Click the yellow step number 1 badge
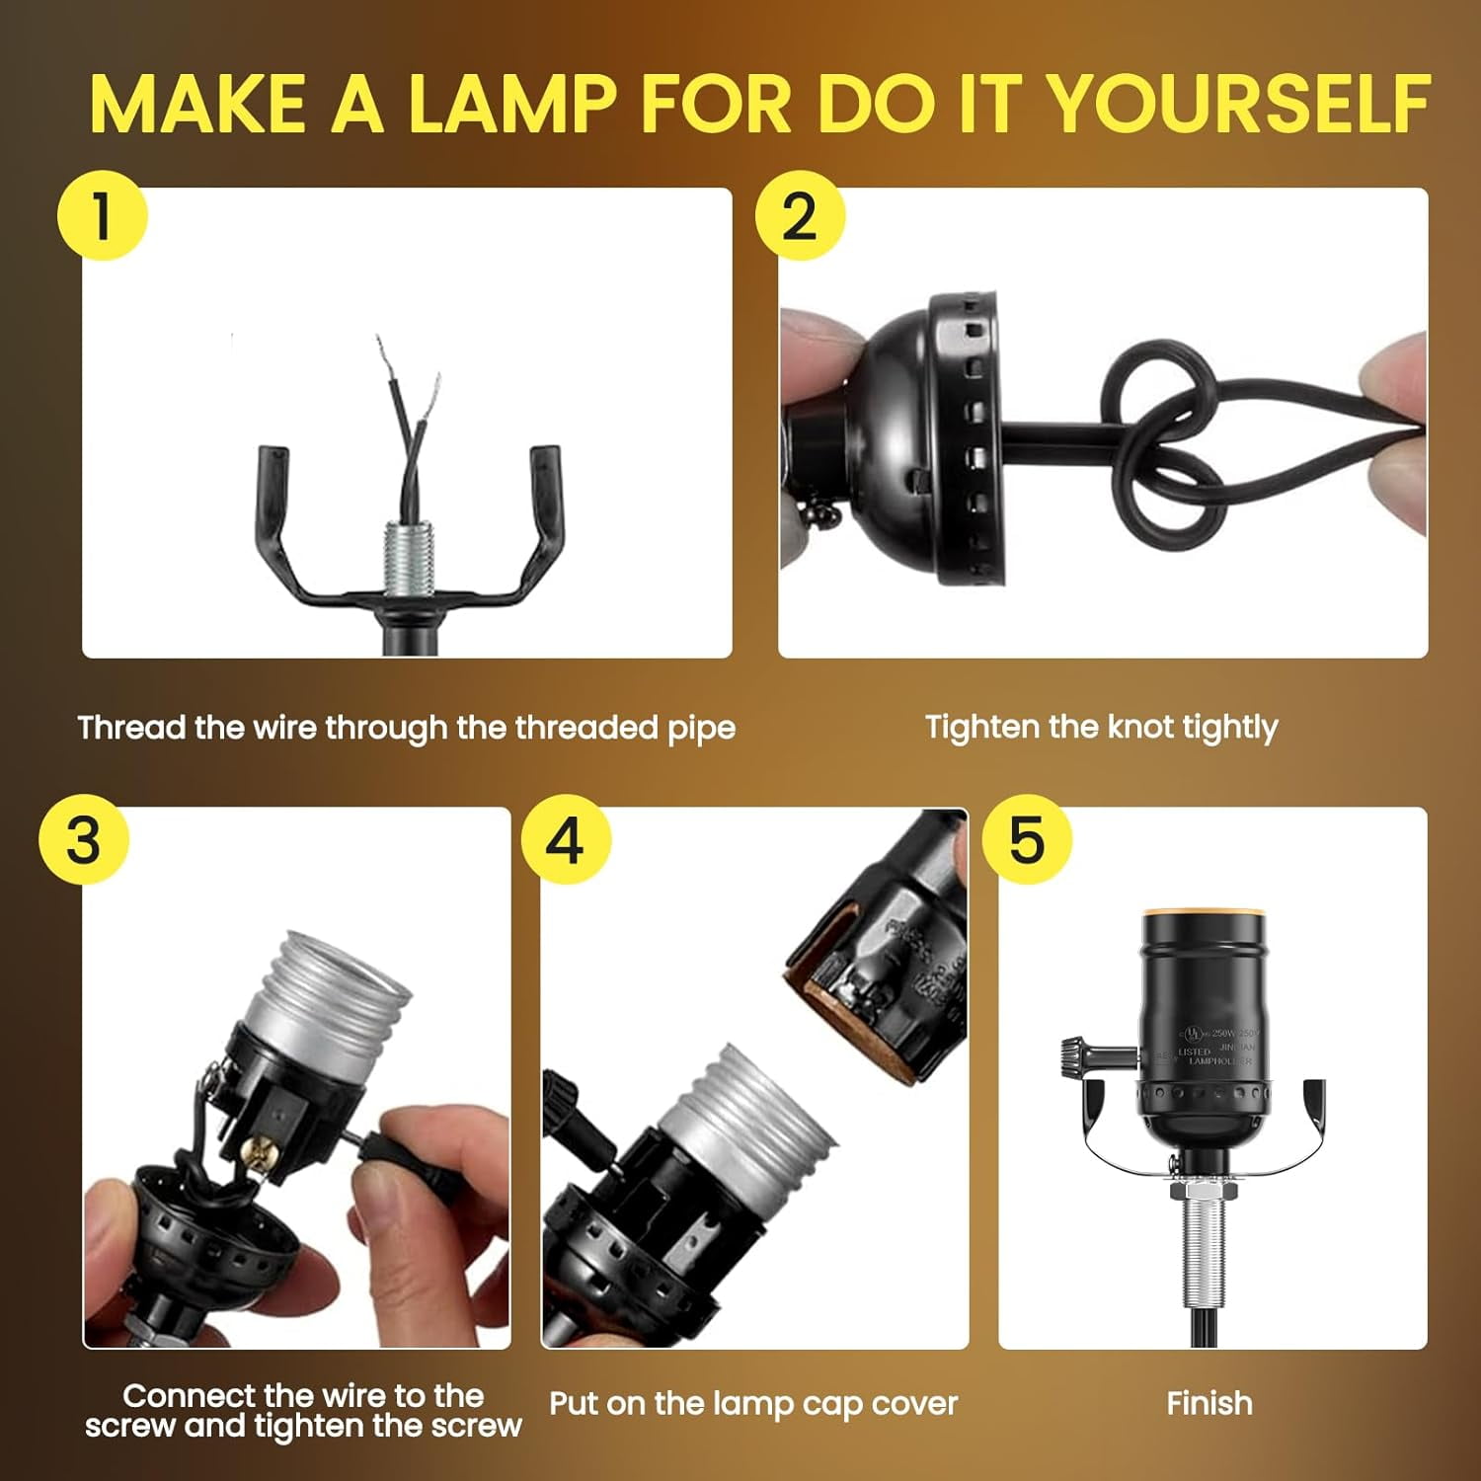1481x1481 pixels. [102, 215]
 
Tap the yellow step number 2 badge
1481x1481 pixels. [800, 215]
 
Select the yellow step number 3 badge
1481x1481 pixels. [84, 839]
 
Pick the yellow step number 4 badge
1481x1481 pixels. [566, 839]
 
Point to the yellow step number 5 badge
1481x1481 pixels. [1027, 839]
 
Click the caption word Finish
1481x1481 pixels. [1208, 1403]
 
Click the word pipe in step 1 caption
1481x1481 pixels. [701, 729]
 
